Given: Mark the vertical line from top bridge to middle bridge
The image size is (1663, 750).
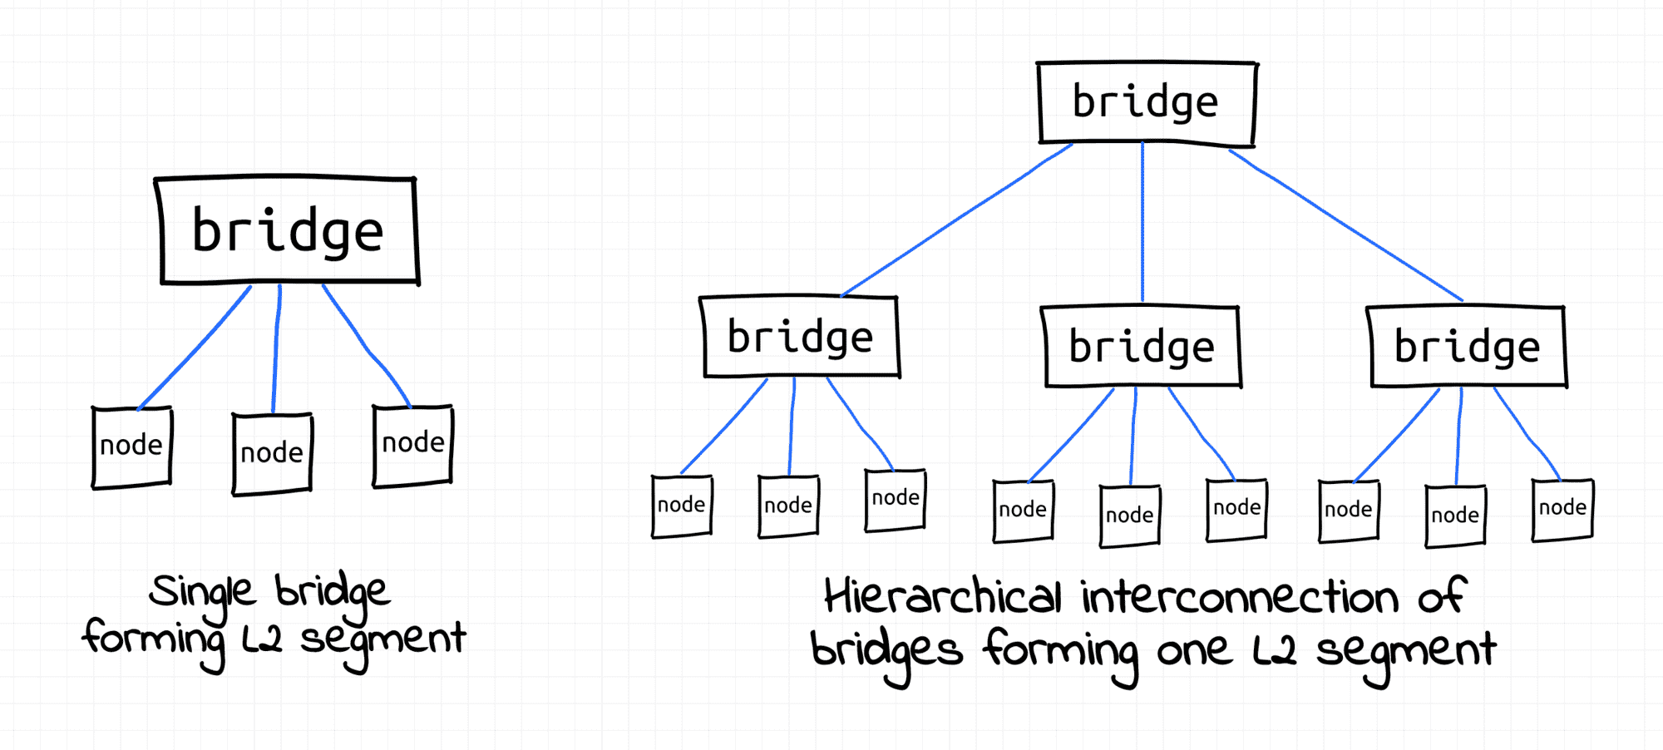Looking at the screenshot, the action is coord(1142,222).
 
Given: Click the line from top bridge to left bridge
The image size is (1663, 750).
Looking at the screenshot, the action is coord(956,220).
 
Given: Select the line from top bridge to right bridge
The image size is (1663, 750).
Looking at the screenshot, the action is coord(1345,225).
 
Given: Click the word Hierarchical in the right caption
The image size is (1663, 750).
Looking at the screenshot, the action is coord(943,596).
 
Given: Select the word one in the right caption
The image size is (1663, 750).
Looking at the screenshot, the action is coord(1194,651).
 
